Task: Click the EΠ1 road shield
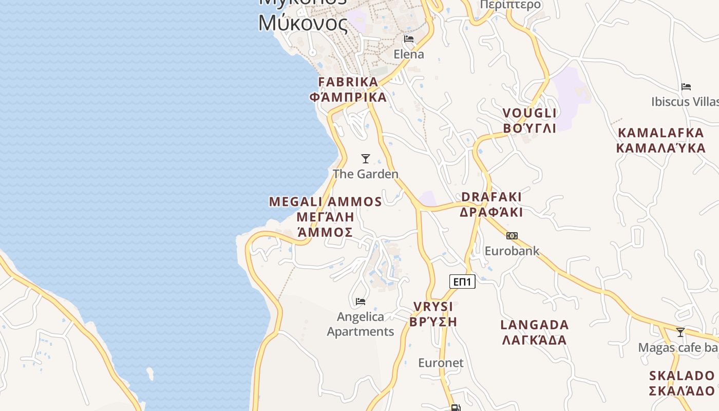[462, 282]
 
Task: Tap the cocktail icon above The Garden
[366, 159]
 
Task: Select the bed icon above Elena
[409, 39]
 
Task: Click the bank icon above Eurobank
[512, 236]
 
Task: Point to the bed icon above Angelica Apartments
[361, 301]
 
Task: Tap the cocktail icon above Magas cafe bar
[680, 332]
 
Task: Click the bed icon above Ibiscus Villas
[686, 87]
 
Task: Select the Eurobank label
[512, 251]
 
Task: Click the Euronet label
[441, 363]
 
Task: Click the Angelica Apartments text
[361, 324]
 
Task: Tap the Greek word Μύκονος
[302, 23]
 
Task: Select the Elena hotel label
[409, 54]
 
